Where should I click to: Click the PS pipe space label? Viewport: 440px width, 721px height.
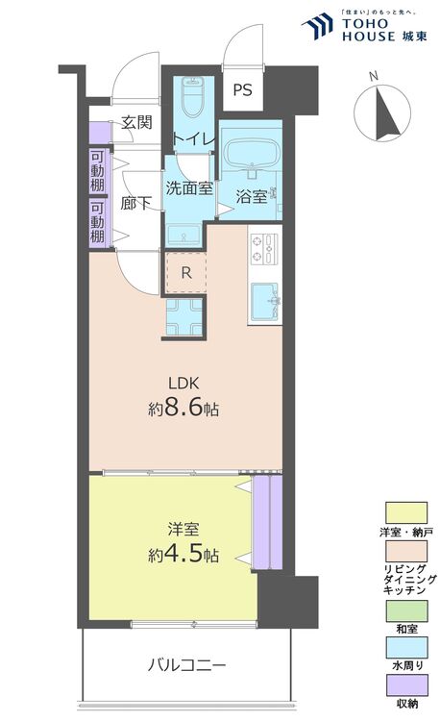coord(242,89)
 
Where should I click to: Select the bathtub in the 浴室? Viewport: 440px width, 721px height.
coord(251,153)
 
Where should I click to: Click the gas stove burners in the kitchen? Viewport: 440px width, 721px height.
coord(264,248)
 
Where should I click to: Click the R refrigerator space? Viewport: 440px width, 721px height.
coord(186,273)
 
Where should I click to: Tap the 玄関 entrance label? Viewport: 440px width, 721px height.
coord(136,123)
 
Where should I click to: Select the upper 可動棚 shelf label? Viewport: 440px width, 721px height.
coord(97,171)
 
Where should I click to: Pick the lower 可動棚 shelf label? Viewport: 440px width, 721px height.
coord(97,223)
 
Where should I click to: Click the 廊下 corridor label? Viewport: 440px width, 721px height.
coord(136,203)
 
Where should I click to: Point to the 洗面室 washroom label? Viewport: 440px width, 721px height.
coord(189,187)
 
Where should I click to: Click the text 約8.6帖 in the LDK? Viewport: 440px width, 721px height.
coord(183,409)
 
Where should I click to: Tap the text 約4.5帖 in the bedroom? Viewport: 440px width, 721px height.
coord(183,555)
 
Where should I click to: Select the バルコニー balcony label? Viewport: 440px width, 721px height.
coord(186,665)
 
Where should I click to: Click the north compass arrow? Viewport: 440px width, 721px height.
coord(386,113)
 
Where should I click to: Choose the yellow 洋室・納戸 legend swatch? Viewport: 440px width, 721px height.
coord(406,512)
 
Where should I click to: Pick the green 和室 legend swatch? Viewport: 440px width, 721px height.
coord(406,610)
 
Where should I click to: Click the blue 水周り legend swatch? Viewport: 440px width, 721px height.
coord(406,647)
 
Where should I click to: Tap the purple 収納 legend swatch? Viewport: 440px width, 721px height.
coord(406,685)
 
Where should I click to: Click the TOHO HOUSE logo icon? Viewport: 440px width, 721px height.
coord(317,26)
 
